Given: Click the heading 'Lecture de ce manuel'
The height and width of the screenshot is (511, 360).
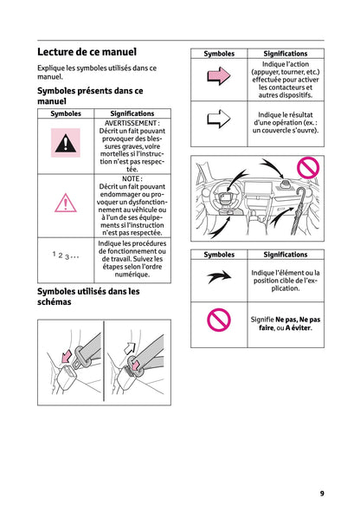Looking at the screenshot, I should click(x=87, y=52).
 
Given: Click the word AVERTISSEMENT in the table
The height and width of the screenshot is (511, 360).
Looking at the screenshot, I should click(x=132, y=123).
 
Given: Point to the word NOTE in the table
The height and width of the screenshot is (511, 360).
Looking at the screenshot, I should click(x=132, y=178).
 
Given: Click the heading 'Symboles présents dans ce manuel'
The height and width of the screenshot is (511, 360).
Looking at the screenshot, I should click(x=89, y=95).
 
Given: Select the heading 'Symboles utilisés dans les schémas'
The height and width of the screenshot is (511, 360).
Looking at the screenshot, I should click(x=87, y=297).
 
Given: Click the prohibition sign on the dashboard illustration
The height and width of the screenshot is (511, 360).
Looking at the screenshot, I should click(x=307, y=166).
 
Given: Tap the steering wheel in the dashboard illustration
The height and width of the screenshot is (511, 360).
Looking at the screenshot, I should click(x=213, y=202).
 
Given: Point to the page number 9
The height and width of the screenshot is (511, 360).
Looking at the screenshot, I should click(x=321, y=494).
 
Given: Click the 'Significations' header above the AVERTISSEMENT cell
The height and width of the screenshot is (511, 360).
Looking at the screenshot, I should click(x=132, y=113).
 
